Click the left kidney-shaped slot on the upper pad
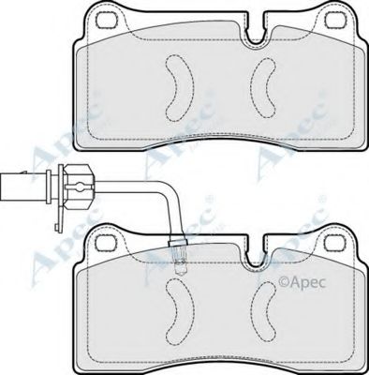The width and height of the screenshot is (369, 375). point(176,84)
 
